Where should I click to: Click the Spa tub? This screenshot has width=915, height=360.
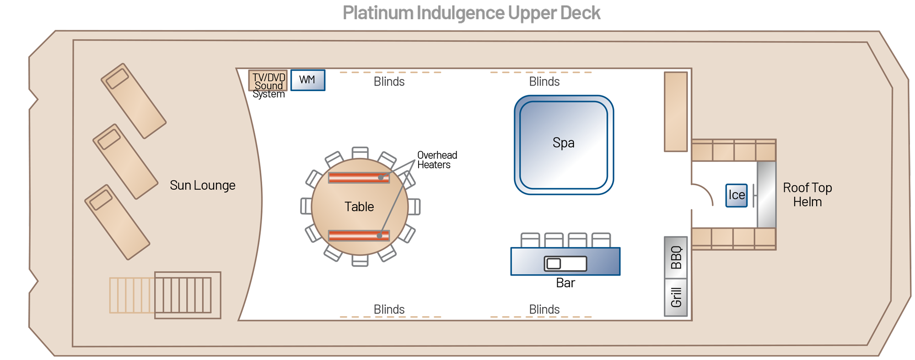click(x=564, y=145)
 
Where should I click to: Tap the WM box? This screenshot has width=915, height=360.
click(x=307, y=80)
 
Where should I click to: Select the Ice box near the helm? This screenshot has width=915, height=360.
click(x=736, y=195)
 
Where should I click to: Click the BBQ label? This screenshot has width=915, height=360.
click(x=676, y=258)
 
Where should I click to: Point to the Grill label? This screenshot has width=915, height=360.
click(x=676, y=297)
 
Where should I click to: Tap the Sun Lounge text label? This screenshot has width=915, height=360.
click(x=202, y=185)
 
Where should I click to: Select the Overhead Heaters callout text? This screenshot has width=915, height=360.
click(x=436, y=160)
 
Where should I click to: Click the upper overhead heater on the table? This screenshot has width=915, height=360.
click(x=359, y=177)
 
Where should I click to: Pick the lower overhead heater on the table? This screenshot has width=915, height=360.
click(x=359, y=236)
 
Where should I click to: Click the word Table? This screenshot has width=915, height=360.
click(x=359, y=207)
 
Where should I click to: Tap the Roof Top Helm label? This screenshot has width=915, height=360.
click(x=807, y=195)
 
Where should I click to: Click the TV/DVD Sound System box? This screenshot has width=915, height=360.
click(x=268, y=81)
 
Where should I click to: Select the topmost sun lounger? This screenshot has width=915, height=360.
click(x=133, y=101)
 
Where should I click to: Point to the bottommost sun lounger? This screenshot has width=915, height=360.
click(x=117, y=222)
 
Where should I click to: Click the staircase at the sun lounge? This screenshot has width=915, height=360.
click(x=183, y=296)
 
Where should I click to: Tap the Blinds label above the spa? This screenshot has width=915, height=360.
click(x=544, y=81)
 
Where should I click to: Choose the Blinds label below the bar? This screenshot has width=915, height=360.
click(x=544, y=309)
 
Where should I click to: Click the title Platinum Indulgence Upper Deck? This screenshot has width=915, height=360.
click(x=471, y=13)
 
